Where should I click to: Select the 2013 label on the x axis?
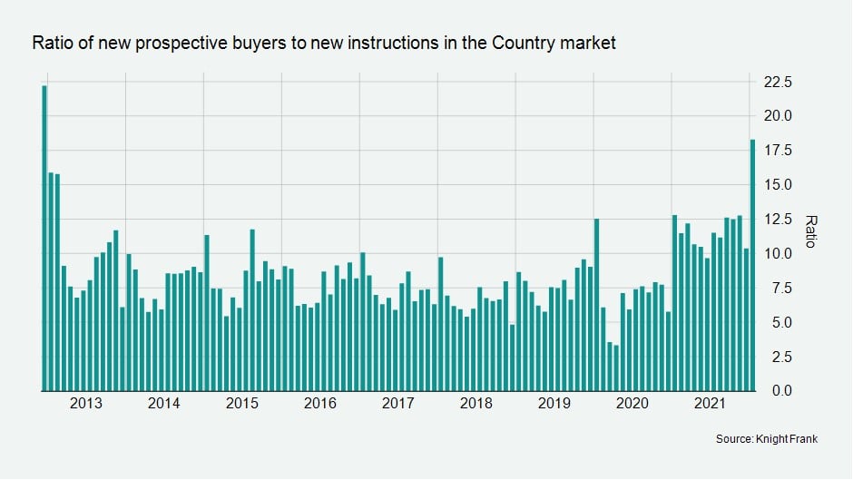pos(84,403)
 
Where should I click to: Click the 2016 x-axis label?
pos(321,403)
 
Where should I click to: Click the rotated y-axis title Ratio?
pos(811,230)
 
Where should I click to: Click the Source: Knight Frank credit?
pos(768,439)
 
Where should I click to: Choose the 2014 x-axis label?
pos(163,403)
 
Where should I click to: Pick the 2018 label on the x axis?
pos(477,403)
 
